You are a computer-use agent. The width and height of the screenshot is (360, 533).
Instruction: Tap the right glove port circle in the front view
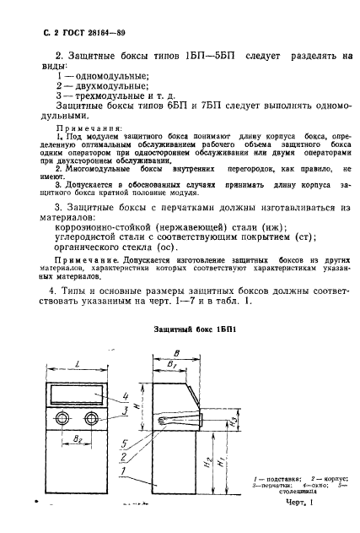coord(92,420)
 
